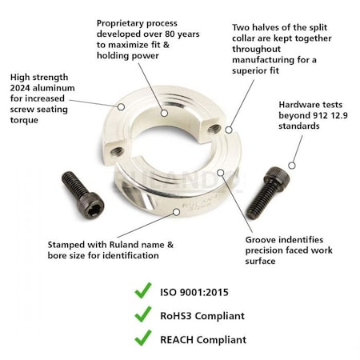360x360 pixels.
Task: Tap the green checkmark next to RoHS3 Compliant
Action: pyautogui.click(x=142, y=315)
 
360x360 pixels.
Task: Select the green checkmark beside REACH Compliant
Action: pyautogui.click(x=142, y=339)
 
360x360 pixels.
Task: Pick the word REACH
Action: pyautogui.click(x=178, y=340)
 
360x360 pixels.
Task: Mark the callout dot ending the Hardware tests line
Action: pyautogui.click(x=292, y=165)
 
